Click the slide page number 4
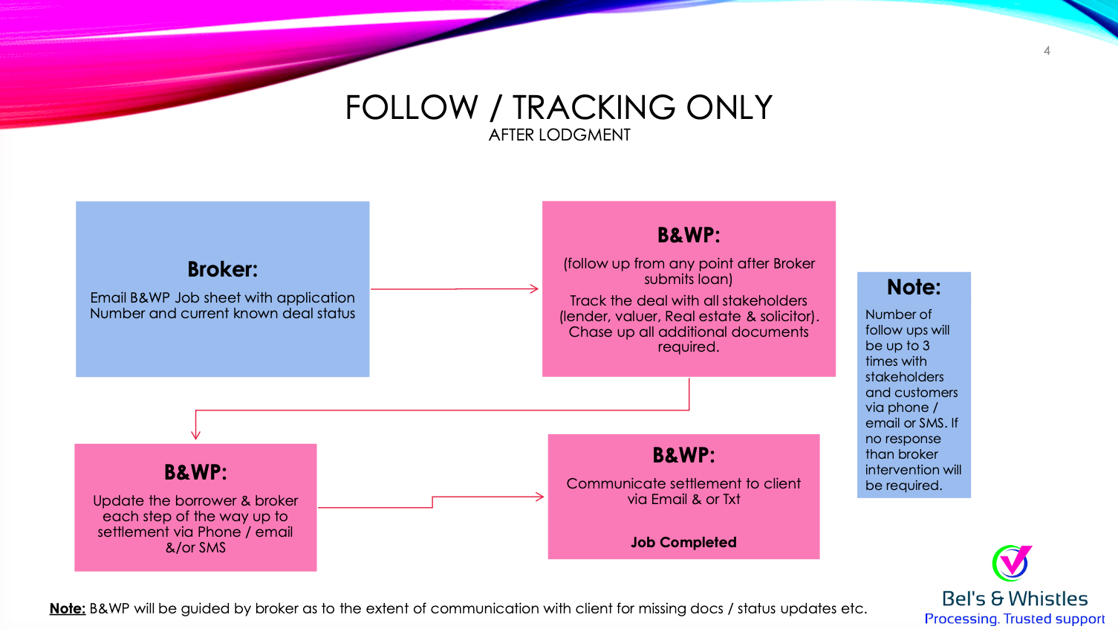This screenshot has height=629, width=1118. tap(1047, 51)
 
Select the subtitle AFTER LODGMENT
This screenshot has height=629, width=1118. tap(559, 135)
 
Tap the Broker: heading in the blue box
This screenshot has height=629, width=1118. tap(223, 269)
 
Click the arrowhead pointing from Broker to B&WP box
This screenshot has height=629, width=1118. tap(534, 288)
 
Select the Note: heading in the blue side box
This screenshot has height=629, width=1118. tap(914, 287)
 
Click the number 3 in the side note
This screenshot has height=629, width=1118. tap(926, 346)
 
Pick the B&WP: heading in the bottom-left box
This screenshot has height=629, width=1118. tap(195, 472)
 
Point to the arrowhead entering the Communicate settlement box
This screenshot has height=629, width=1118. tap(539, 497)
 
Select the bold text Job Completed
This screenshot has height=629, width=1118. tap(683, 542)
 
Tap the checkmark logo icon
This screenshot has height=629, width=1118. tap(1012, 563)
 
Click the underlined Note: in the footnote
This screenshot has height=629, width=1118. tap(68, 608)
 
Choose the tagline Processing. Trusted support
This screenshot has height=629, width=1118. tap(1014, 619)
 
